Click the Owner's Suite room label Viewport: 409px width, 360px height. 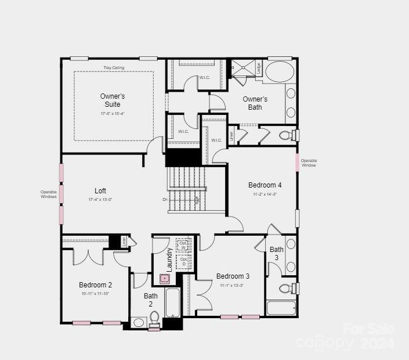(x=112, y=100)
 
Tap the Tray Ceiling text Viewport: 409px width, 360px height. (x=114, y=68)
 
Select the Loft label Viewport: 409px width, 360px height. (x=100, y=190)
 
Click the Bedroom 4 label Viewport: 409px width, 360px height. (x=265, y=185)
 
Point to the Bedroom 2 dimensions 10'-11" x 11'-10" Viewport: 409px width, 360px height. (x=95, y=294)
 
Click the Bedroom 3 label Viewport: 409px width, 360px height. (x=233, y=276)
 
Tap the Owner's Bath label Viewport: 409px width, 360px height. (x=255, y=103)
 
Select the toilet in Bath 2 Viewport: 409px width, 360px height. (x=154, y=318)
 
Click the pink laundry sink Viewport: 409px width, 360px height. (x=165, y=279)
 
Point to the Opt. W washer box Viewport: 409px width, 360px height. (x=183, y=245)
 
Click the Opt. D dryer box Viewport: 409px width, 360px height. (x=183, y=261)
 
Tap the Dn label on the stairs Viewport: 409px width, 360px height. (x=165, y=200)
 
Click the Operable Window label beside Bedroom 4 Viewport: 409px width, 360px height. (x=309, y=163)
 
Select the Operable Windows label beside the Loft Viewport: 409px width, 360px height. (x=49, y=194)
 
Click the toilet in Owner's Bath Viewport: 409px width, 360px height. (x=286, y=135)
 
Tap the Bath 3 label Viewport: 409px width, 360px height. (x=277, y=253)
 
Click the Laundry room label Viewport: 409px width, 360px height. (x=169, y=260)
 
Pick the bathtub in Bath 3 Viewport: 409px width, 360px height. (x=281, y=307)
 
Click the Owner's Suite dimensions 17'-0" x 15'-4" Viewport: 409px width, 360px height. (x=112, y=113)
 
